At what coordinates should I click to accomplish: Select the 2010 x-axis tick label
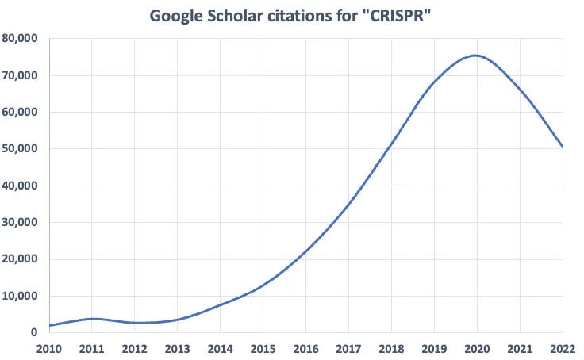pos(49,347)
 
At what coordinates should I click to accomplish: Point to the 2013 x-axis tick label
pos(178,347)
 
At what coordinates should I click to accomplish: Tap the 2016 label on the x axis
pos(306,347)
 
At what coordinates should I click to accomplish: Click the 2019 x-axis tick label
pos(435,347)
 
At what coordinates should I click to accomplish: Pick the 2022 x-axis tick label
pos(562,347)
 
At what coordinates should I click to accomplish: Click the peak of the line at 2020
pos(477,56)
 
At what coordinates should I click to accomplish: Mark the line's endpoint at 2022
pos(563,147)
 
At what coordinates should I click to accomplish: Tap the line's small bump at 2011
pos(93,319)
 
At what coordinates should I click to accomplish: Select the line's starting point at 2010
pos(50,325)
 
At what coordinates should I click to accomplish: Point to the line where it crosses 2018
pos(391,145)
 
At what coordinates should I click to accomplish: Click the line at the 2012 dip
pos(136,323)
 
